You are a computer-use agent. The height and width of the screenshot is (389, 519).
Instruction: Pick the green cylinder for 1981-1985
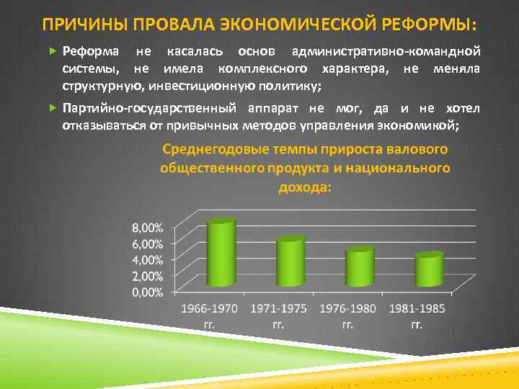[428, 271]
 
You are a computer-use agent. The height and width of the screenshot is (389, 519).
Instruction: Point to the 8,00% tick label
[147, 227]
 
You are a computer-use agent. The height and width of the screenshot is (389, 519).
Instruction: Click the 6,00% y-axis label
[147, 243]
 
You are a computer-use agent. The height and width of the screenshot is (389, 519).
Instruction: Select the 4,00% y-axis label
[147, 259]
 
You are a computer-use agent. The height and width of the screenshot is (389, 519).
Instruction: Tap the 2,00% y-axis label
[147, 276]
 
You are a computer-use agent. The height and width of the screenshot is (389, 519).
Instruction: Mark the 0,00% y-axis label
[147, 292]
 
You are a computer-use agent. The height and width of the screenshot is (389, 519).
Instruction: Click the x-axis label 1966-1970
[208, 308]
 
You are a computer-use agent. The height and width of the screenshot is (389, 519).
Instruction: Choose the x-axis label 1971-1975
[278, 308]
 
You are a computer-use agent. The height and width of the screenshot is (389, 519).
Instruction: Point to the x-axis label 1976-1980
[347, 308]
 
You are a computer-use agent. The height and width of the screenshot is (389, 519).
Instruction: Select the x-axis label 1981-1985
[417, 308]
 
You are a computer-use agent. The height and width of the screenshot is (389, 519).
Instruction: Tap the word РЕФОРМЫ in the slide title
[430, 25]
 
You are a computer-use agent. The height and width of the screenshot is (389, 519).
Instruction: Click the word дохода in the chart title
[303, 187]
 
